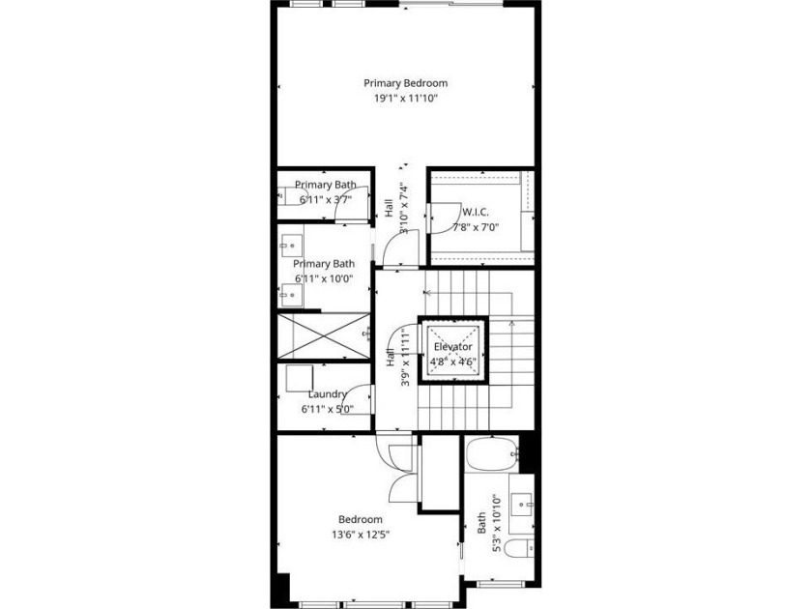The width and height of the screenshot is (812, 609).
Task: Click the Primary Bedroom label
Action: (405, 83)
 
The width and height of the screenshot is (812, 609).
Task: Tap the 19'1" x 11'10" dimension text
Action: (407, 99)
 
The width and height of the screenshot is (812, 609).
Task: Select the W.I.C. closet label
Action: (475, 212)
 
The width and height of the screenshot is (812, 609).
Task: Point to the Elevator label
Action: (453, 346)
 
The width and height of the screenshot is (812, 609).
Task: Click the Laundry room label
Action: (328, 394)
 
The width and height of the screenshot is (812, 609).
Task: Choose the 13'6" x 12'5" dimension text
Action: (361, 535)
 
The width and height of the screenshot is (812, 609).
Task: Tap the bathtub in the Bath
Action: (492, 454)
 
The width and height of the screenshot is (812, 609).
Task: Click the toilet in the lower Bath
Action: (519, 548)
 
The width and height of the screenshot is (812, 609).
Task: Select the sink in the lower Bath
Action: (521, 503)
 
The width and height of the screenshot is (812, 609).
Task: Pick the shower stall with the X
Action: (324, 335)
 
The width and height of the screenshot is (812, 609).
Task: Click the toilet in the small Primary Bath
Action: (293, 196)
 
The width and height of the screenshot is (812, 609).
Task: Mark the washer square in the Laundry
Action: (300, 379)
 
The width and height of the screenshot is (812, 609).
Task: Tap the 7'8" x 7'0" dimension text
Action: (476, 227)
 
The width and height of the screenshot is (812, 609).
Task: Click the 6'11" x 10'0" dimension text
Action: (324, 278)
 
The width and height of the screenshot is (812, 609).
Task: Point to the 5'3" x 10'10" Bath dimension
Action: (497, 524)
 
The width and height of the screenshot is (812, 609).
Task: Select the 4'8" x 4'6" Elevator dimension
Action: (453, 362)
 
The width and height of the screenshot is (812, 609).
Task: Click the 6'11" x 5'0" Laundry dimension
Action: (328, 409)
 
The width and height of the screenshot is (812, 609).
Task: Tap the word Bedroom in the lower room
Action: (361, 519)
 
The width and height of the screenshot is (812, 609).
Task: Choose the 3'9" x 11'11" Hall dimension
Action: (405, 359)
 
